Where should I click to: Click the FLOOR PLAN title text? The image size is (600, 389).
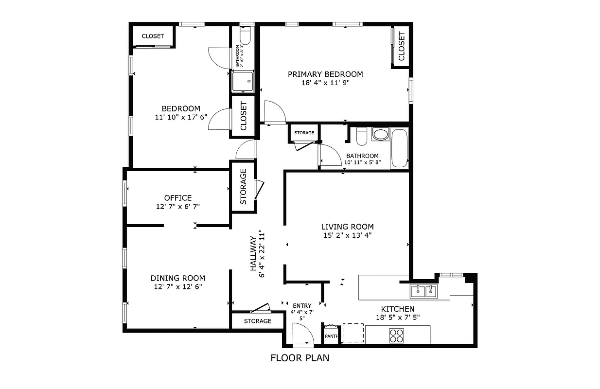coord(300,358)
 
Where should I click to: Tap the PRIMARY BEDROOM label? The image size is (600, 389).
coord(325,74)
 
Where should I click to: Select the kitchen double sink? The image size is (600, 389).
coord(424,291)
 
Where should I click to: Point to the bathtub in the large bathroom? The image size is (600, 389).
coord(400,148)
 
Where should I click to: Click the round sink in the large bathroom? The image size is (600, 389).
coord(380,134)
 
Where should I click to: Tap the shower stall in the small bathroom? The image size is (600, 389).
coord(243,81)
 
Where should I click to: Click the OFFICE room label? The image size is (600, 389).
coord(178,198)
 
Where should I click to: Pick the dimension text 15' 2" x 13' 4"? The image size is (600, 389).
coord(347,235)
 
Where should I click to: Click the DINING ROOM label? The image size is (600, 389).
coord(177,278)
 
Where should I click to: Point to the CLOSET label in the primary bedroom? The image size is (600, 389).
coord(402,46)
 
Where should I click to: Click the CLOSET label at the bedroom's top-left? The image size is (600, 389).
coord(153,36)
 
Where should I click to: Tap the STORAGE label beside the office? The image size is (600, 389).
coord(244,186)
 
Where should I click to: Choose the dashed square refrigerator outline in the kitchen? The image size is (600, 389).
coord(353,333)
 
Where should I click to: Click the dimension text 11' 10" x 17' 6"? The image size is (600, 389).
coord(181,117)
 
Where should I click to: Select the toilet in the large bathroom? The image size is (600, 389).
coord(361,137)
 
